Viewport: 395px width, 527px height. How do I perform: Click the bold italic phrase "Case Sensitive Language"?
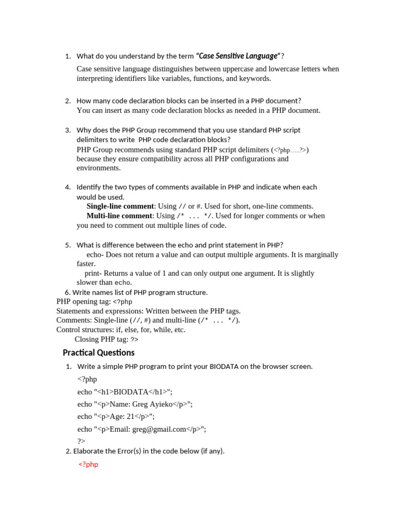(x=238, y=56)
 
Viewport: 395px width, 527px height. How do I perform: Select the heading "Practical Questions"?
(x=98, y=353)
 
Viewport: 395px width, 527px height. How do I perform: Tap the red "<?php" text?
(x=88, y=464)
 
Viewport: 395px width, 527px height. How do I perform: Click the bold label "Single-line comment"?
(x=120, y=206)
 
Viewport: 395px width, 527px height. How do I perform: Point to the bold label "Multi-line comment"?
(x=120, y=216)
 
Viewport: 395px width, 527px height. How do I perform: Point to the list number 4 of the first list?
(x=68, y=187)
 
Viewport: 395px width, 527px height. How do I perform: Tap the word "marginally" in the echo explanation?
(x=321, y=254)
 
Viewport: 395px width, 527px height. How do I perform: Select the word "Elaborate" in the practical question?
(x=89, y=451)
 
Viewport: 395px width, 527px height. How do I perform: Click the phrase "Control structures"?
(x=85, y=329)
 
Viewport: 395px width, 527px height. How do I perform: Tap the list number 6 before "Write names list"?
(x=67, y=292)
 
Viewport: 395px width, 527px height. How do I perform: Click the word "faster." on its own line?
(x=86, y=263)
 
